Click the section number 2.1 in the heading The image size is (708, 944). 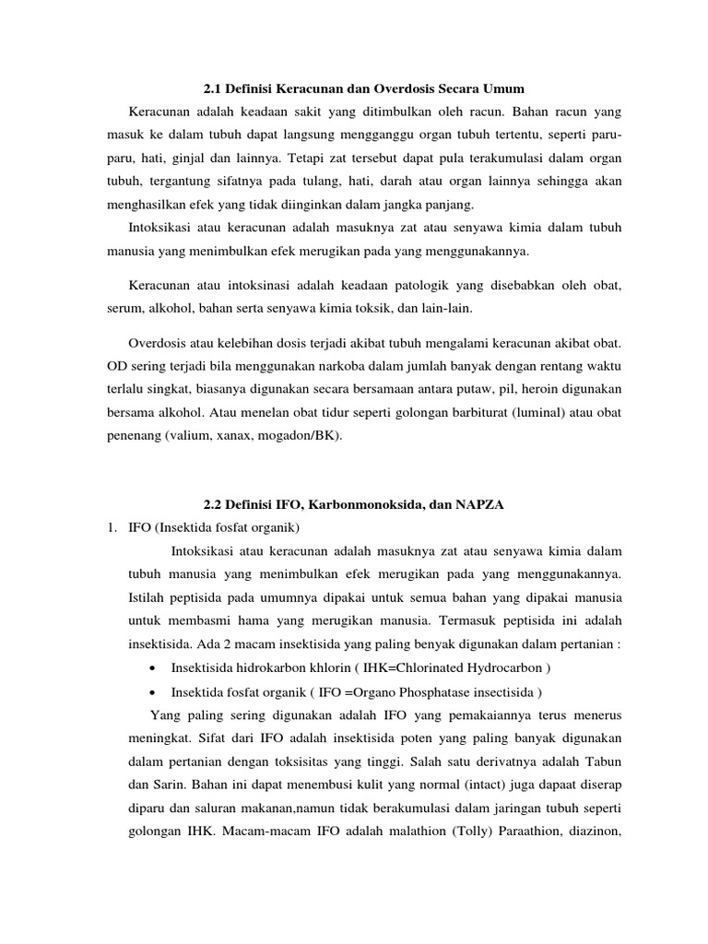tap(212, 89)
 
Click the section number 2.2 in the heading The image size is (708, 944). tap(212, 504)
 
